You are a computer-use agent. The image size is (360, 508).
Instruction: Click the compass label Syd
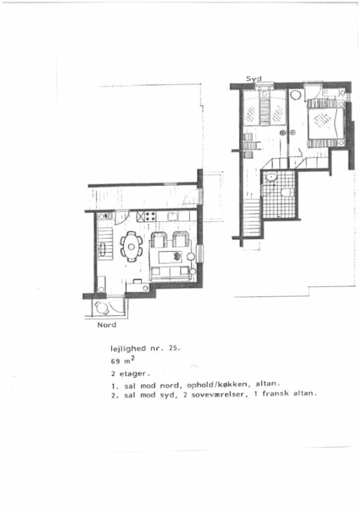click(x=254, y=79)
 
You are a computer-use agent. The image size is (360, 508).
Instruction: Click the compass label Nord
click(x=107, y=324)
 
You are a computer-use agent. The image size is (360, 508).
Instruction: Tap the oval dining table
click(x=132, y=247)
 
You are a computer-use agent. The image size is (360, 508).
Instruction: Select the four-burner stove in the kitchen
click(x=150, y=216)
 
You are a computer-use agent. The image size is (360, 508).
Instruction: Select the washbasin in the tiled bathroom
click(x=271, y=177)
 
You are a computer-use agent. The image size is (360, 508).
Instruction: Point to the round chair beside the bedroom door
click(x=295, y=95)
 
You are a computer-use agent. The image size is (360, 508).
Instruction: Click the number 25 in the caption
click(x=174, y=348)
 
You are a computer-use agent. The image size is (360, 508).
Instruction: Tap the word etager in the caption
click(x=133, y=374)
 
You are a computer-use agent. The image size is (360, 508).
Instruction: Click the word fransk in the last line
click(x=276, y=393)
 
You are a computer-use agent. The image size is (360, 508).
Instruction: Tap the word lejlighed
click(x=129, y=349)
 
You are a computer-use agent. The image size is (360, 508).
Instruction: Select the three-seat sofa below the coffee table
click(x=170, y=273)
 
